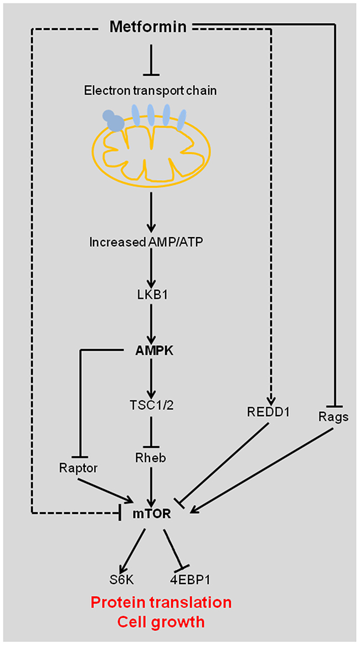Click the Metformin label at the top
pos(151,28)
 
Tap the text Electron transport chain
pos(151,91)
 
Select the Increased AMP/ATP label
pos(151,242)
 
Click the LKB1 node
pos(151,296)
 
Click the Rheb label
pos(151,459)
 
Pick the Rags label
pos(333,417)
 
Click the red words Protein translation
pos(161,603)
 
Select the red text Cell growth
pos(161,622)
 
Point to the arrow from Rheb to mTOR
pos(151,485)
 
